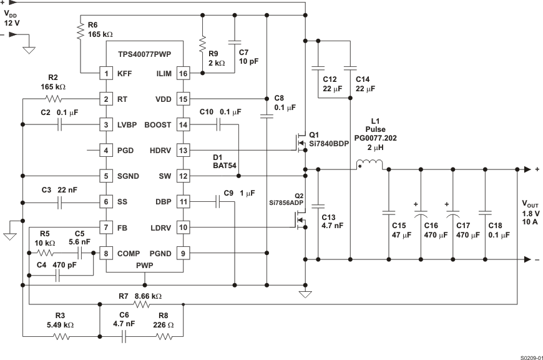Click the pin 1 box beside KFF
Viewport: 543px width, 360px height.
[x=106, y=73]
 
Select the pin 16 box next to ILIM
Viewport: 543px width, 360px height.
[x=183, y=73]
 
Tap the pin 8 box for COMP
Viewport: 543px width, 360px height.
[x=106, y=253]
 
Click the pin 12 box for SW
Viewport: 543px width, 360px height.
[x=183, y=176]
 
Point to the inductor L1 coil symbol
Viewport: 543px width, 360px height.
[x=369, y=165]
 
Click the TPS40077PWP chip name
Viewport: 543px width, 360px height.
[x=145, y=54]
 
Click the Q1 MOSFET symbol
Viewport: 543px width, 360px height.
[x=298, y=142]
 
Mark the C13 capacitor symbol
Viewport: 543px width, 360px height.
[x=318, y=205]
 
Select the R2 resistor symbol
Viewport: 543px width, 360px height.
[x=54, y=99]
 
